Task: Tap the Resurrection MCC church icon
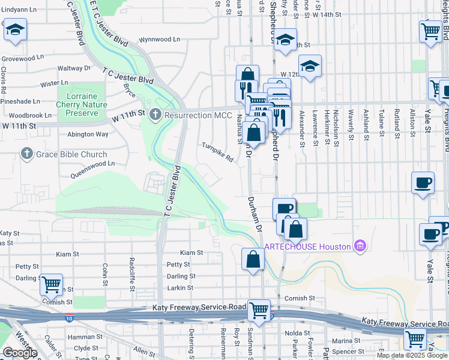click(155, 113)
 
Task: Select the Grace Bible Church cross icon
click(26, 154)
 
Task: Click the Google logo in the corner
click(20, 353)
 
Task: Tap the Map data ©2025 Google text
click(412, 355)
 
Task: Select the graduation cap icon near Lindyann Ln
click(15, 29)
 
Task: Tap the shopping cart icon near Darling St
click(52, 284)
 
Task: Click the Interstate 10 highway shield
click(70, 317)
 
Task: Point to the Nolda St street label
click(297, 332)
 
